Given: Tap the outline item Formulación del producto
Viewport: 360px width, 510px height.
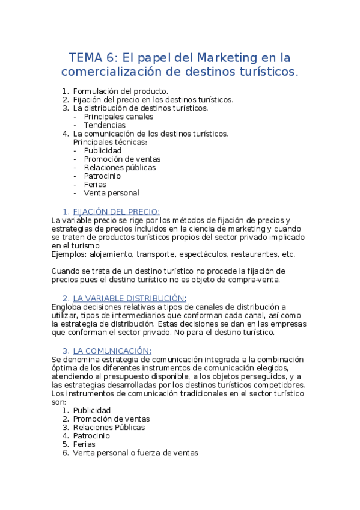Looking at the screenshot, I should click(117, 91).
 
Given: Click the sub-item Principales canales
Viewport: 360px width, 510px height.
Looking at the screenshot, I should click(118, 117).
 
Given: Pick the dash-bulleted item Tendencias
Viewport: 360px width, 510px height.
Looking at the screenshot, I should click(105, 125).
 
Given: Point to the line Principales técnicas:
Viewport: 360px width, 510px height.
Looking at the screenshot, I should click(109, 142).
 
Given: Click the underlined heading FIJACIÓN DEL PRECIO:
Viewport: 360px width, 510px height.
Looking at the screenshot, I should click(117, 212).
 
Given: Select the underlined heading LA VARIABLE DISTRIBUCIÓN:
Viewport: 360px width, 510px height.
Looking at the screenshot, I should click(130, 298).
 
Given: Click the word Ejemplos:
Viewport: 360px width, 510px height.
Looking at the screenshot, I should click(70, 254).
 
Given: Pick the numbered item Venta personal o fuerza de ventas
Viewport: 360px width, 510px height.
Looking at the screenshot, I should click(135, 453).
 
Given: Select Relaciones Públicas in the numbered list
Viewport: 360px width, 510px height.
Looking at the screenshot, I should click(109, 428).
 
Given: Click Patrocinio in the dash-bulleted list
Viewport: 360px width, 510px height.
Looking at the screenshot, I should click(102, 176).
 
